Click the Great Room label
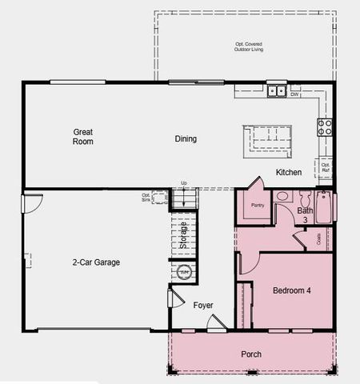83,137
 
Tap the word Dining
186,138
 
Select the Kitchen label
288,173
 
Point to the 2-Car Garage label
95,262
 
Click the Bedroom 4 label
291,290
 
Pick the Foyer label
203,306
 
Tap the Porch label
251,354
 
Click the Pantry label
258,206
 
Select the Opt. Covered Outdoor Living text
249,46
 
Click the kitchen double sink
277,91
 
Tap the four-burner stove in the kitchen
326,126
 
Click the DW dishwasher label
294,95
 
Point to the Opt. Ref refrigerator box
326,167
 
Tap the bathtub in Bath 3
322,206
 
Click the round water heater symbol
184,273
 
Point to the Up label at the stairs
183,183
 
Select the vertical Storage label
183,235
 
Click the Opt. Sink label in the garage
146,196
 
